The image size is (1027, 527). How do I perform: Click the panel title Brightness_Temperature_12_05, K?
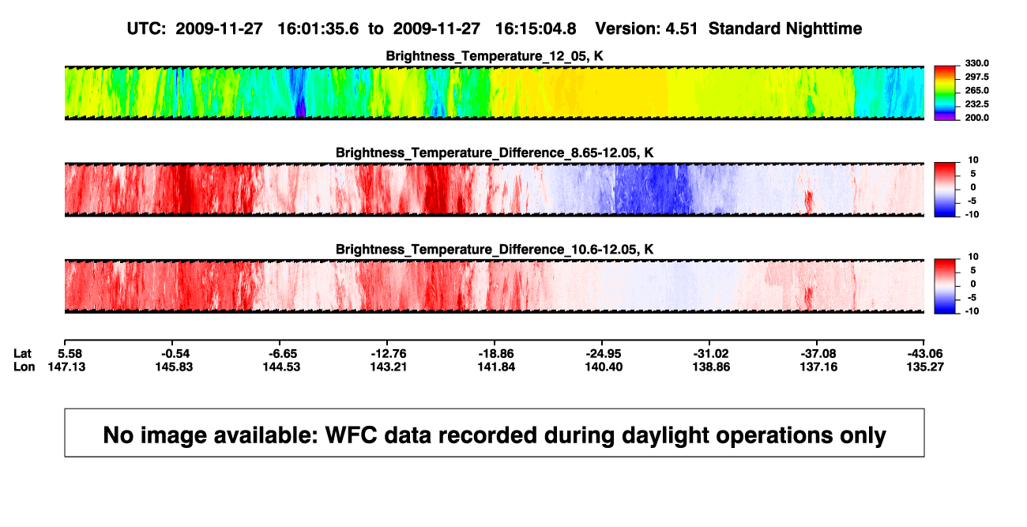495,56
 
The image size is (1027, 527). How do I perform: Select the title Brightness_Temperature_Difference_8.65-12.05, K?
495,152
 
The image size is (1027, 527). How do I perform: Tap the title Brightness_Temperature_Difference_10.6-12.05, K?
495,250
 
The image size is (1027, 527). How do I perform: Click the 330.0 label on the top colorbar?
976,63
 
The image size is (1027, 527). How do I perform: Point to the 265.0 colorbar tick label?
976,90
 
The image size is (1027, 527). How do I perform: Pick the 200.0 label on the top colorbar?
976,118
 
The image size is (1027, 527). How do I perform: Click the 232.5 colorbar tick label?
976,104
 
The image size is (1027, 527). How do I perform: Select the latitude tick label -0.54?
175,354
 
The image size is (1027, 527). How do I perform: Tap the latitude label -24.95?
604,354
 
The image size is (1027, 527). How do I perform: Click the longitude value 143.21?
389,367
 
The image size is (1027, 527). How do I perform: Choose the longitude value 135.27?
925,367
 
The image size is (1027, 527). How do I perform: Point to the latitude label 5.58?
70,354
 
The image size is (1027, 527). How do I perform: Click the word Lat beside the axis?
22,354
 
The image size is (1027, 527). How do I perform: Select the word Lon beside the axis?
24,367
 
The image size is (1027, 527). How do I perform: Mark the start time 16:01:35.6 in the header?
318,29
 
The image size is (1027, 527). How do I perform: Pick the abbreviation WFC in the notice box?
352,435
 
